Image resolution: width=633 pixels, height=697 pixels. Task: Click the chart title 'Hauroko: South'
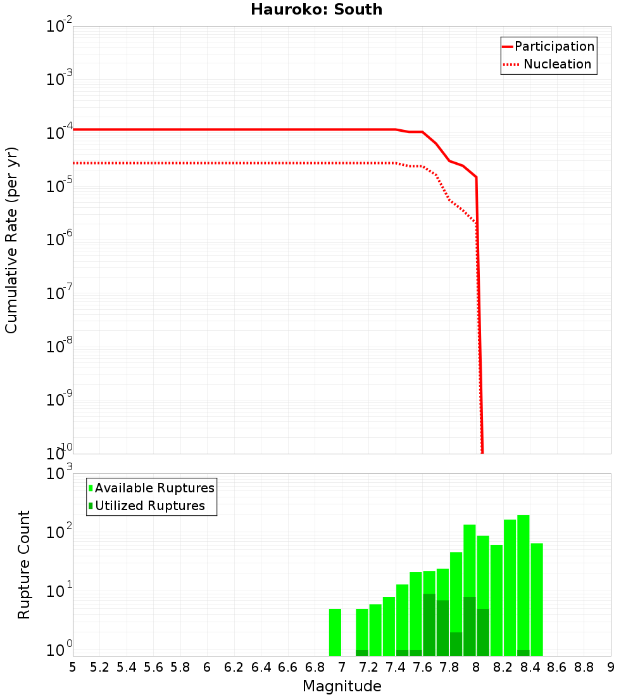[316, 10]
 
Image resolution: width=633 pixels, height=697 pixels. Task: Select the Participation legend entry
[548, 46]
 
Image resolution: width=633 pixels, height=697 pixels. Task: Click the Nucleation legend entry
[548, 64]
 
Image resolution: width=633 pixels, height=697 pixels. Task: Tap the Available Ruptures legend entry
[151, 488]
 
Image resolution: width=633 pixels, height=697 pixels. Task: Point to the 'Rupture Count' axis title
[24, 564]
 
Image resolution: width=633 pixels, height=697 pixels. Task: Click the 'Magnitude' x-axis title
[342, 686]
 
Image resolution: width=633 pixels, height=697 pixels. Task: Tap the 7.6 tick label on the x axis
[422, 667]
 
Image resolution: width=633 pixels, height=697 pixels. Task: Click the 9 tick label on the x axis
[610, 667]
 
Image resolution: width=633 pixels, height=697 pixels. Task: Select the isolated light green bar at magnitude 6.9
[335, 632]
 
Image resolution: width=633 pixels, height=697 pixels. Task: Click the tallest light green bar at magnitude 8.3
[523, 583]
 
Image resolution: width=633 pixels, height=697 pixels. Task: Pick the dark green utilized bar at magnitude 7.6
[429, 624]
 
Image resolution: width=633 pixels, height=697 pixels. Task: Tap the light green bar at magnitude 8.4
[537, 599]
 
